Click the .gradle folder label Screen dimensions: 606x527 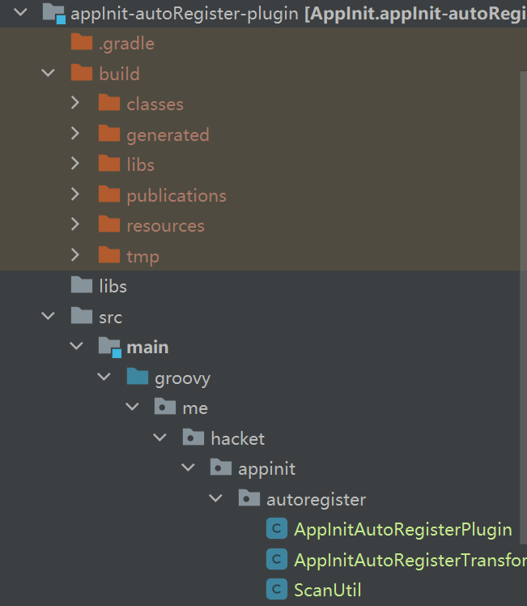126,44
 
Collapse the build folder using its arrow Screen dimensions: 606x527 49,74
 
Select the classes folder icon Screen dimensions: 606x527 109,104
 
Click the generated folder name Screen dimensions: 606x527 168,134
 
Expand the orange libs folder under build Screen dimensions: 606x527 76,164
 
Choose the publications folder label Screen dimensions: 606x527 176,195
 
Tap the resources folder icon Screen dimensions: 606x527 109,225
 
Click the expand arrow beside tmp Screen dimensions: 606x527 76,256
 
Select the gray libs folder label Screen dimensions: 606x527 113,286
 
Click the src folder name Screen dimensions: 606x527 110,317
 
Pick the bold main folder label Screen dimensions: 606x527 147,347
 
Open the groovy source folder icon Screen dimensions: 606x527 137,378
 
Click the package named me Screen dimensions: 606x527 195,408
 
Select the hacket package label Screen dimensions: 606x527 237,438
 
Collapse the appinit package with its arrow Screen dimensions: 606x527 188,468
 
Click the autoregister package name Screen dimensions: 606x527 316,499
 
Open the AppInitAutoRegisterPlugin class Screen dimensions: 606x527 403,530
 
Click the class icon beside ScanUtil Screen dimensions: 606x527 277,590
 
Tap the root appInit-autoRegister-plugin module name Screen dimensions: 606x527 185,13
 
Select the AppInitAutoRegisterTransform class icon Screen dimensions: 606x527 277,560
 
